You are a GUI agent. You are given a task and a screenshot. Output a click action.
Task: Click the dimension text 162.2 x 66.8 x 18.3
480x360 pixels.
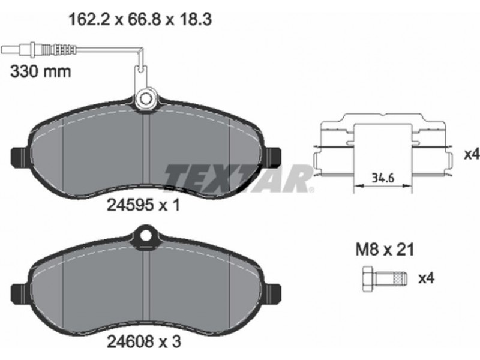(x=140, y=20)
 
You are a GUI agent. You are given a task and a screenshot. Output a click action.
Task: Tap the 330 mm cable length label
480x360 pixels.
(x=40, y=71)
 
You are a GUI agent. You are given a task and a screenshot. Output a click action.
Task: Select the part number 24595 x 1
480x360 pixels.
(x=143, y=205)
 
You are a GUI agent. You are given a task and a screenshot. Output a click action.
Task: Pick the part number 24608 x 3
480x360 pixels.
(x=144, y=341)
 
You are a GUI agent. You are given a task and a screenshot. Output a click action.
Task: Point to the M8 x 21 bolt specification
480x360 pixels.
(x=385, y=250)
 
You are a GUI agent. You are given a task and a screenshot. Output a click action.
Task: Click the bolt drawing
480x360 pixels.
(x=385, y=279)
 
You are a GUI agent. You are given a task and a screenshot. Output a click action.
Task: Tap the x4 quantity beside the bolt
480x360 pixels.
(x=426, y=278)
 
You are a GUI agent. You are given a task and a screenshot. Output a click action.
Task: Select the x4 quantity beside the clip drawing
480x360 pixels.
(x=472, y=155)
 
